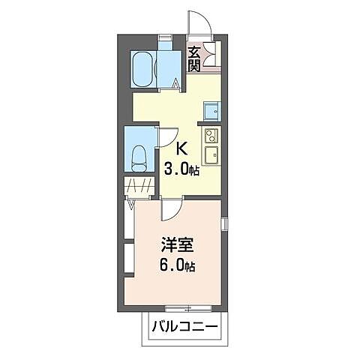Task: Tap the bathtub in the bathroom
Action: tap(142, 70)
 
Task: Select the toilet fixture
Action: tap(139, 155)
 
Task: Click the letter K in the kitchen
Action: tap(181, 148)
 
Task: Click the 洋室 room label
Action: tap(174, 244)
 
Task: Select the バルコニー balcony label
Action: tap(184, 327)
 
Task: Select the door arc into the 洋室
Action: tap(171, 210)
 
